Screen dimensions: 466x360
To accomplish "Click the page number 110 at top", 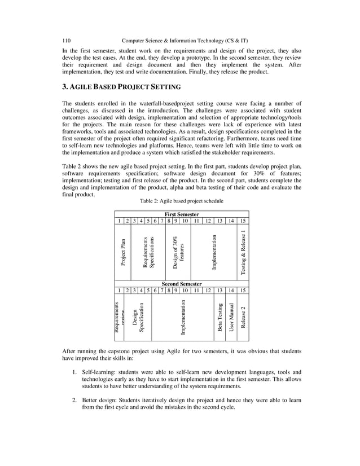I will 65,41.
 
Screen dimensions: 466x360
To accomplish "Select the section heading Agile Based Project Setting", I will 121,87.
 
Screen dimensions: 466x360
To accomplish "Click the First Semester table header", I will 181,214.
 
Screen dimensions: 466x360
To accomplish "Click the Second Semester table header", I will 181,284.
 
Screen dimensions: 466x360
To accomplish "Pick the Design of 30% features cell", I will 178,252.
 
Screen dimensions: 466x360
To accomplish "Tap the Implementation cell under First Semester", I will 214,252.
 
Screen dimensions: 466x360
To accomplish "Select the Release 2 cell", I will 243,318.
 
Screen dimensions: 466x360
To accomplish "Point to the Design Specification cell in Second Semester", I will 138,318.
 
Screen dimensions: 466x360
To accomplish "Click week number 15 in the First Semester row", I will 243,221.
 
